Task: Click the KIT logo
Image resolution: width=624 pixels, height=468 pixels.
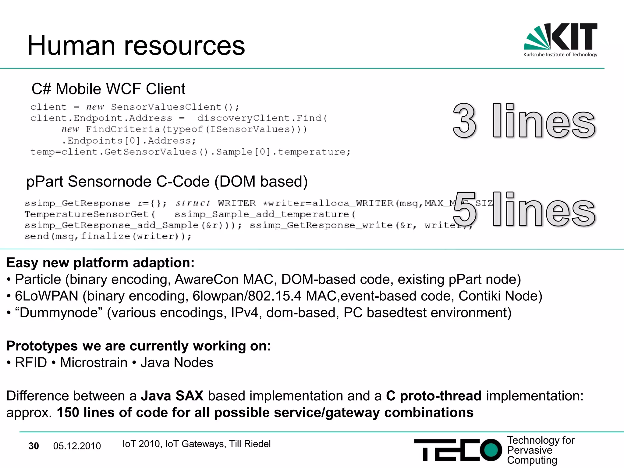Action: point(560,40)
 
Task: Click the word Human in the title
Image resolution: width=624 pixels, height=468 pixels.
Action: point(71,46)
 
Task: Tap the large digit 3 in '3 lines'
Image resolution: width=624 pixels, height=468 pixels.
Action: point(464,121)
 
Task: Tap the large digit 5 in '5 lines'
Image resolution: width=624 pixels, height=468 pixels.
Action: point(464,210)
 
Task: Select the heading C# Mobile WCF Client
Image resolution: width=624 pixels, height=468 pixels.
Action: point(108,89)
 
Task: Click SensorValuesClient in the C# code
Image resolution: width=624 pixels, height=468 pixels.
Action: point(166,107)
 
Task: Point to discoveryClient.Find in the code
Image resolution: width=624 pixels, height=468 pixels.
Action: point(262,118)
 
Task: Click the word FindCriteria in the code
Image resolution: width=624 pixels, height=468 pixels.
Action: point(122,129)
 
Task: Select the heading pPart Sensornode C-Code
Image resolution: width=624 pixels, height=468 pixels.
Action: point(167,182)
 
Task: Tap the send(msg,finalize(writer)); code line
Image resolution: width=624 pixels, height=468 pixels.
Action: point(108,236)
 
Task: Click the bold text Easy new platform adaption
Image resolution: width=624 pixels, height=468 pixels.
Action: point(100,263)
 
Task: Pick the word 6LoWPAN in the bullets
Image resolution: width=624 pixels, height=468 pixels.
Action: point(47,296)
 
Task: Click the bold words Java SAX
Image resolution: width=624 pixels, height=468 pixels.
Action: point(172,396)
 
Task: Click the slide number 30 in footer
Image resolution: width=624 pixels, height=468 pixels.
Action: point(34,446)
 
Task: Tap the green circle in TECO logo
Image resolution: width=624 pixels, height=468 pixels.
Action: point(491,450)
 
